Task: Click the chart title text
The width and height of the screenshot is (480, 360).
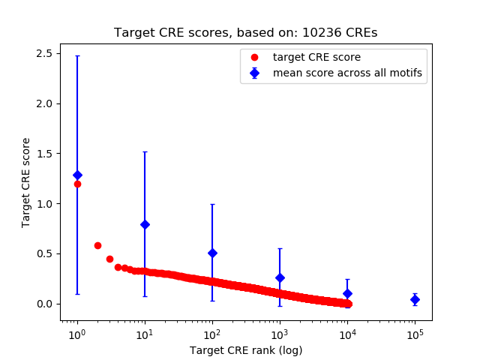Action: pyautogui.click(x=245, y=33)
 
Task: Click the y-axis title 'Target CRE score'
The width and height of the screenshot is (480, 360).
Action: pyautogui.click(x=26, y=182)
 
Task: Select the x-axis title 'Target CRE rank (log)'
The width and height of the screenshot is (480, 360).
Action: pyautogui.click(x=245, y=350)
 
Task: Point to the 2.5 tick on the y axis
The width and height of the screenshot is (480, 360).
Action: pyautogui.click(x=43, y=53)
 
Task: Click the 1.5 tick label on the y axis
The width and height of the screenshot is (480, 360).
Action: pyautogui.click(x=43, y=154)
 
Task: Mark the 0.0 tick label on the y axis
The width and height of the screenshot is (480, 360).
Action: pyautogui.click(x=43, y=304)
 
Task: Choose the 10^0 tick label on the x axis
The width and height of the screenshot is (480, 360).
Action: pyautogui.click(x=76, y=334)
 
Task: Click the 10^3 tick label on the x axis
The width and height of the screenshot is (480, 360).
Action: pyautogui.click(x=280, y=334)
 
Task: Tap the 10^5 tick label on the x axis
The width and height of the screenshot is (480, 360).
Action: pyautogui.click(x=415, y=334)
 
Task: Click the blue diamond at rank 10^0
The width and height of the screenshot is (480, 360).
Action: pyautogui.click(x=77, y=175)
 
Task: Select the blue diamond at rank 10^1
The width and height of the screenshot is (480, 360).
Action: pyautogui.click(x=145, y=224)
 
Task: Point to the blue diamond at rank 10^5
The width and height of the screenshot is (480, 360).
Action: pyautogui.click(x=415, y=299)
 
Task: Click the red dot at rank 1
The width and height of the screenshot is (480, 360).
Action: pyautogui.click(x=77, y=184)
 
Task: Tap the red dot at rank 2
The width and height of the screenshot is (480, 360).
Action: pyautogui.click(x=97, y=245)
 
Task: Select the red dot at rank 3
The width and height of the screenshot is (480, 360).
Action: pyautogui.click(x=109, y=259)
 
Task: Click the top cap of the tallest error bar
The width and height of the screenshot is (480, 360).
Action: pyautogui.click(x=77, y=56)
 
